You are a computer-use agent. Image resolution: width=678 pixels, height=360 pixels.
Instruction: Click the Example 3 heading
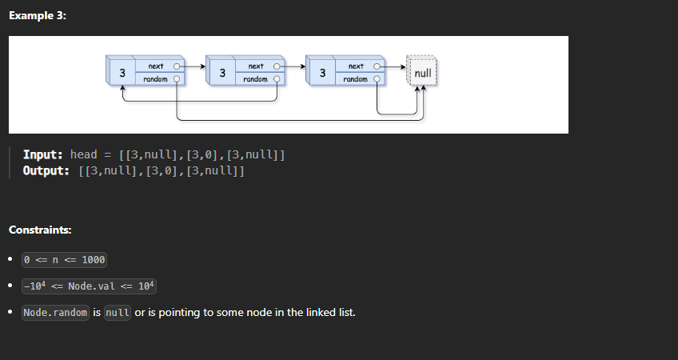pos(38,17)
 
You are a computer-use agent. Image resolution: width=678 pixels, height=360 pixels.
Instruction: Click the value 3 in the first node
pos(122,73)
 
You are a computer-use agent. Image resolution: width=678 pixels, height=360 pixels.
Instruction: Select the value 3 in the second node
pos(221,73)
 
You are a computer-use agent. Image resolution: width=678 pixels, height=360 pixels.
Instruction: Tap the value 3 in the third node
pos(321,73)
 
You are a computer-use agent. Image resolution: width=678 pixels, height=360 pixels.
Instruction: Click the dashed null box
pos(423,73)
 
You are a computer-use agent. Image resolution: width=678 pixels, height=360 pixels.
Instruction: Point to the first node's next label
pos(156,66)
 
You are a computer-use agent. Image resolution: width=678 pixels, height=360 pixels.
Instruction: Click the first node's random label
pos(155,79)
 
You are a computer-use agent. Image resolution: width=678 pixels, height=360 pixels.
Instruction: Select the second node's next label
pos(256,66)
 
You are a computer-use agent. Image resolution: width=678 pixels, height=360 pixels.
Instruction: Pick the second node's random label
pos(255,79)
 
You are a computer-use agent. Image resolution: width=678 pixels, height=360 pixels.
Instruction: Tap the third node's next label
pos(356,66)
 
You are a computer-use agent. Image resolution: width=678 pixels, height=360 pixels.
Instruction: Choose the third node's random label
pos(355,79)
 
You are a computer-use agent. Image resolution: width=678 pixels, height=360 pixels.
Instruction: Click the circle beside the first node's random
pos(177,79)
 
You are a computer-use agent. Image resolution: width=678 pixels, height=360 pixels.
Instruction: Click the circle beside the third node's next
pos(377,66)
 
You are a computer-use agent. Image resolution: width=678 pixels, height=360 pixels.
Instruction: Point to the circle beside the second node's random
pos(277,79)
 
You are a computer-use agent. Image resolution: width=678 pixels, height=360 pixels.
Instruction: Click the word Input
pos(43,154)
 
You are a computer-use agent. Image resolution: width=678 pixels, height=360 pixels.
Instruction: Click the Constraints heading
pos(40,230)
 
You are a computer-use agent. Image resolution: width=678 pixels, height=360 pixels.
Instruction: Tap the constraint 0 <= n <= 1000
pos(65,260)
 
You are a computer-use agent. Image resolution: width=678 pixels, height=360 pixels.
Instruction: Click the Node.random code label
pos(55,312)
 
